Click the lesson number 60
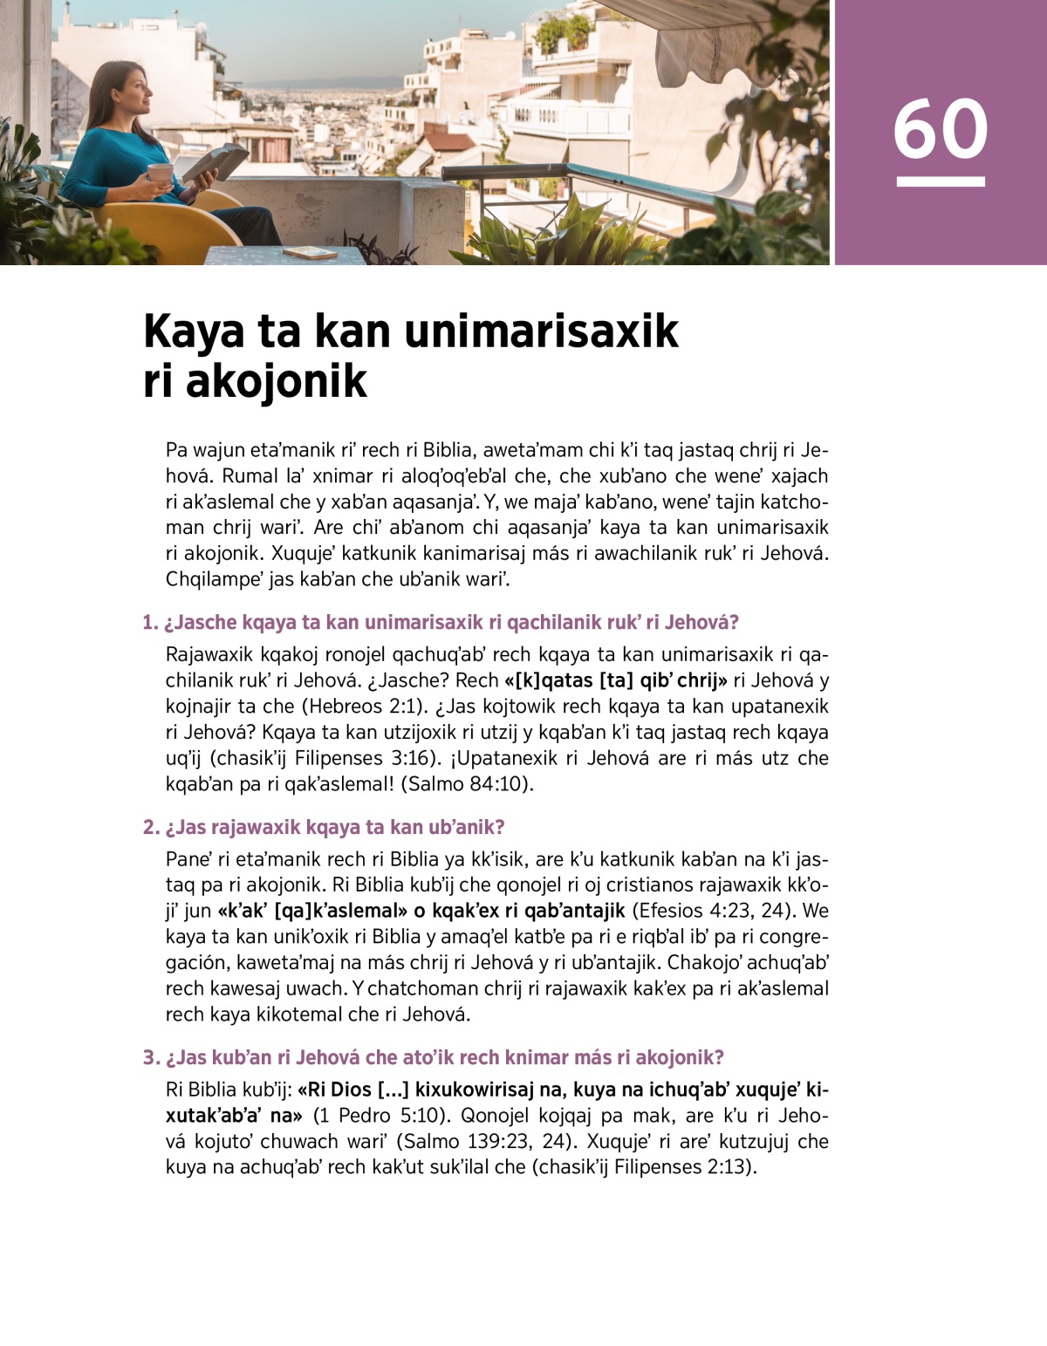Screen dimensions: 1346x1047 click(941, 129)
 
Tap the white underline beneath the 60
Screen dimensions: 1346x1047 click(941, 181)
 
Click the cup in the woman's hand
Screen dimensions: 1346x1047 click(160, 174)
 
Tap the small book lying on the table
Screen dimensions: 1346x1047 click(311, 253)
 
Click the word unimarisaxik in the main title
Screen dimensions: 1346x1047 click(541, 331)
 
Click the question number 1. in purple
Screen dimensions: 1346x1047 click(150, 623)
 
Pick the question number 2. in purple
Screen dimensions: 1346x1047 click(151, 828)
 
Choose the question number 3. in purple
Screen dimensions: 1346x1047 click(151, 1058)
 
